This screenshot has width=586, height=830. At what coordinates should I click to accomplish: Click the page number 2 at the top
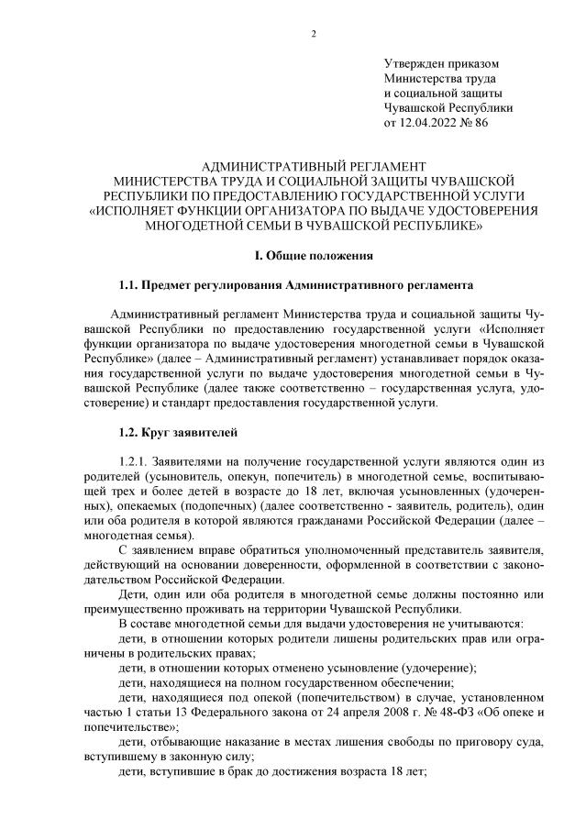(314, 35)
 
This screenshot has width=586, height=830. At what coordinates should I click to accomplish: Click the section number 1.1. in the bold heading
(131, 286)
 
